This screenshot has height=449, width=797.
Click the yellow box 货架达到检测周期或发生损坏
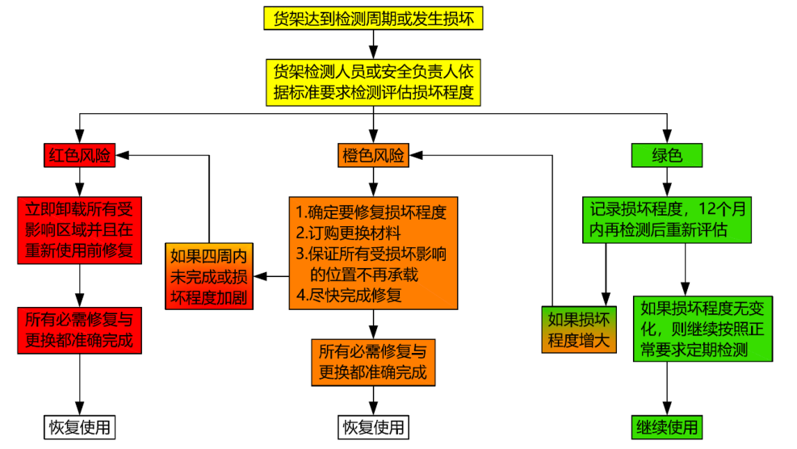(374, 19)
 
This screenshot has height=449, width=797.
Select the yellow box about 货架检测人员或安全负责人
(374, 82)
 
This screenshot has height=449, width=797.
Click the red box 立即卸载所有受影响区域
(79, 229)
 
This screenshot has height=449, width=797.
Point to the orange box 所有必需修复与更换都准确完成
(372, 363)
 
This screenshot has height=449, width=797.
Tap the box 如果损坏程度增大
(579, 329)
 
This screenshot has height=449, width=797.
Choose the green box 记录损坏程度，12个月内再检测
(666, 219)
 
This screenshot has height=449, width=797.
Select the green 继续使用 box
(666, 426)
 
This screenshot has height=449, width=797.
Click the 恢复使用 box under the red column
(79, 426)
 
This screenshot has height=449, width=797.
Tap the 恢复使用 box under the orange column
(372, 426)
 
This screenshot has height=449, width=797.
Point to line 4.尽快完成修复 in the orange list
(348, 295)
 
